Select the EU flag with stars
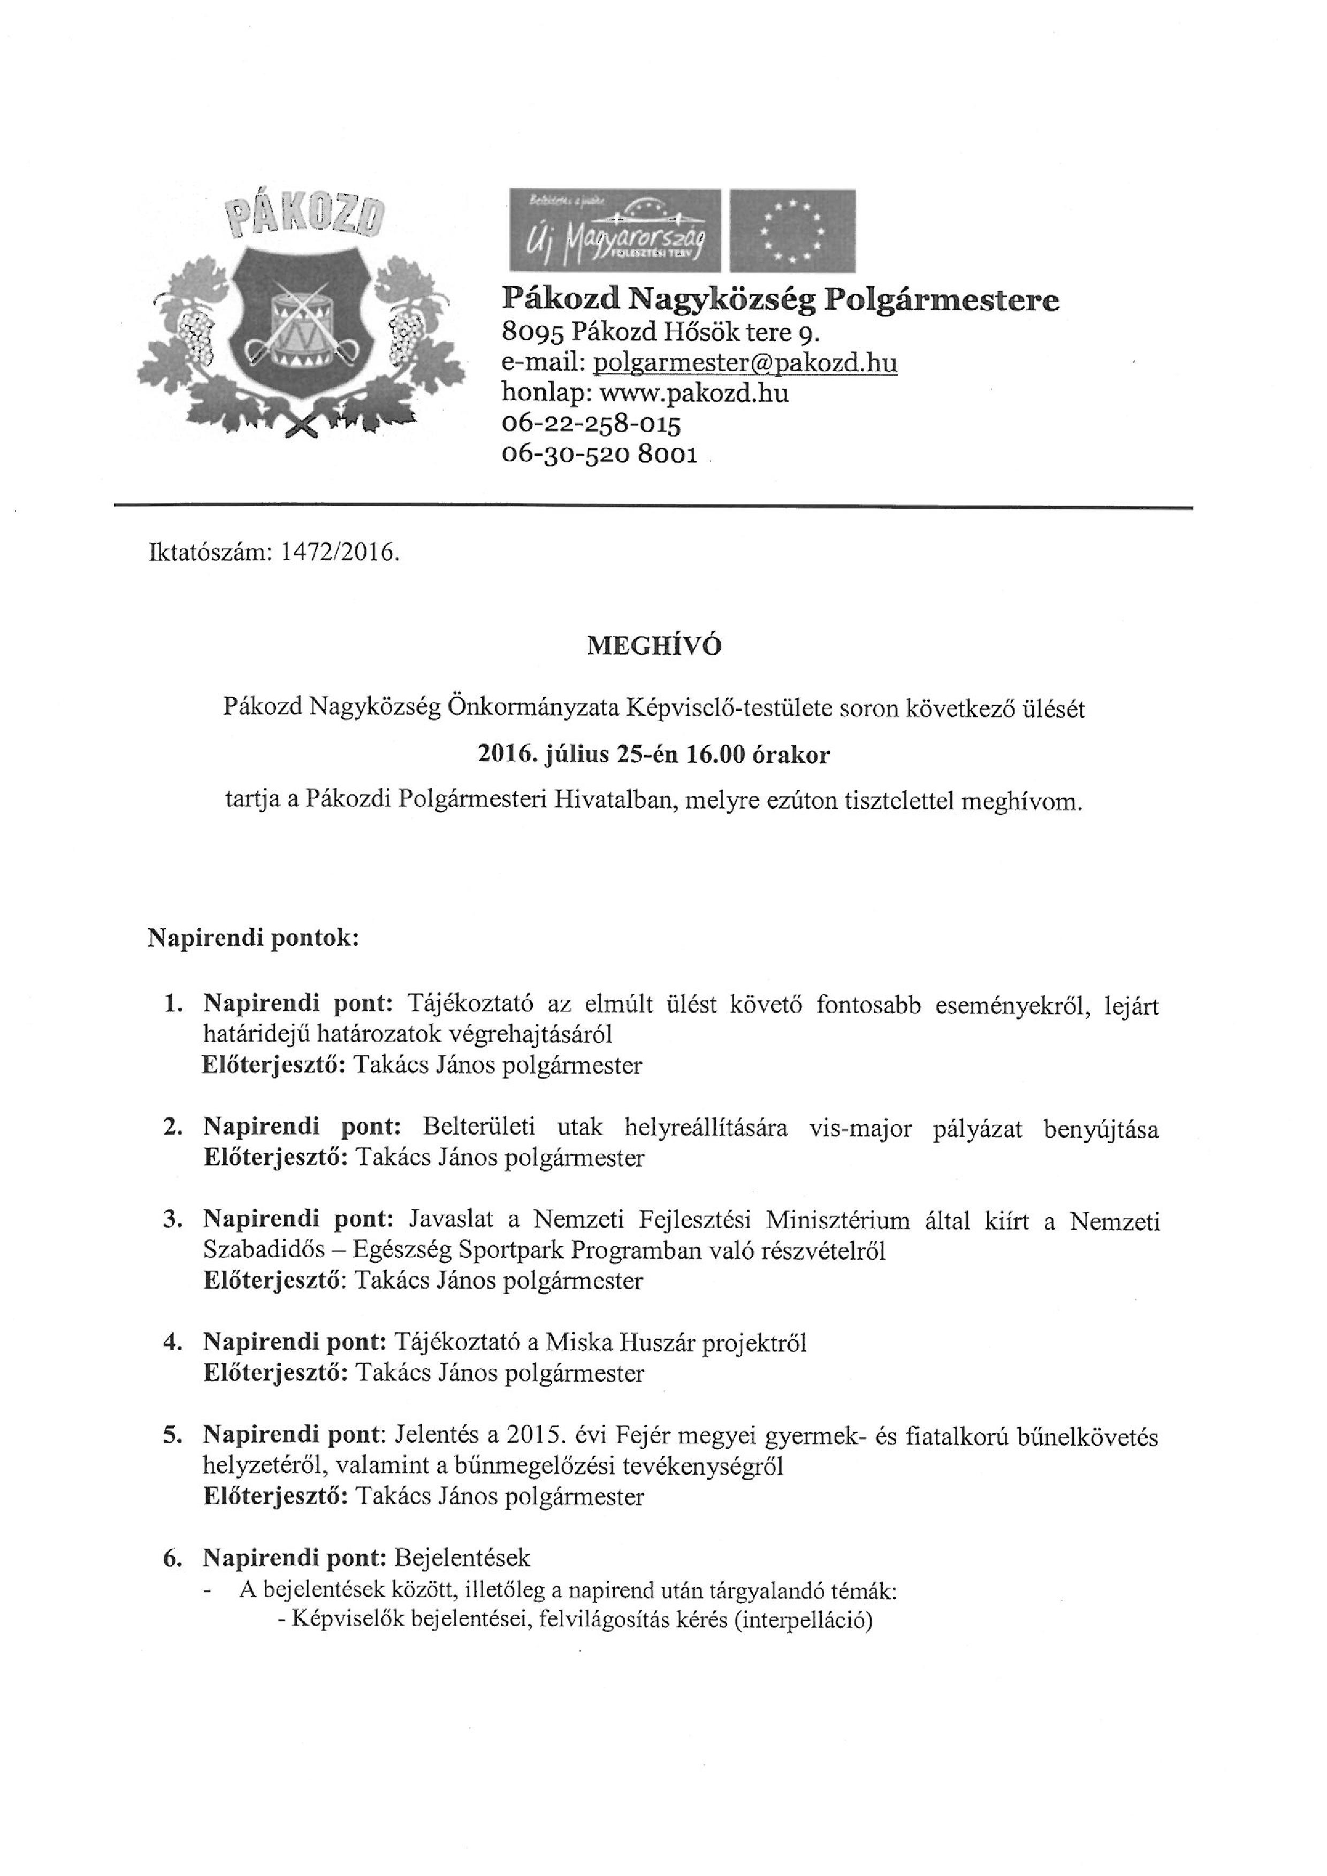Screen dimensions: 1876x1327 (x=792, y=231)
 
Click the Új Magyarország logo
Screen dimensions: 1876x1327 (x=614, y=231)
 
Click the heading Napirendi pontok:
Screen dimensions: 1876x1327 (x=253, y=937)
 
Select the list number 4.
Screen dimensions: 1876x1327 (x=172, y=1343)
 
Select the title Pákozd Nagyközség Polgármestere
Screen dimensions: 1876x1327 (x=780, y=301)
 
